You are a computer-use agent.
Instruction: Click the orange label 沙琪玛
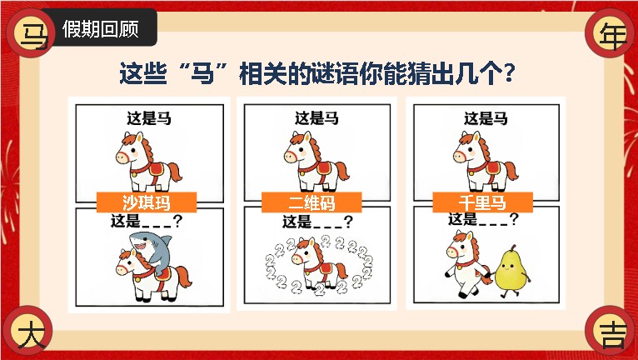tap(147, 202)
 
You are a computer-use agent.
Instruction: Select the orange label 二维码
tap(312, 202)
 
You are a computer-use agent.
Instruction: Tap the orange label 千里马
tap(482, 202)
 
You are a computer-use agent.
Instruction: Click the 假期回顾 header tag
tap(101, 28)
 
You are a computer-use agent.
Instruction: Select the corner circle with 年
tap(609, 33)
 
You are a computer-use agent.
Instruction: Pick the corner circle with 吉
tap(609, 330)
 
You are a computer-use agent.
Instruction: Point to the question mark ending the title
tap(509, 73)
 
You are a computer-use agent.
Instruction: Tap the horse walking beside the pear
tap(466, 264)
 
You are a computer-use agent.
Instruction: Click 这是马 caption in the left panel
tap(149, 119)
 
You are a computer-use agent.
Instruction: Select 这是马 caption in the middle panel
tap(317, 118)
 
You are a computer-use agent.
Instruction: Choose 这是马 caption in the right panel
tap(486, 118)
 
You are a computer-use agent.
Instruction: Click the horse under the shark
tap(152, 274)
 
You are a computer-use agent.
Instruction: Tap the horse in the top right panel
tap(485, 162)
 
